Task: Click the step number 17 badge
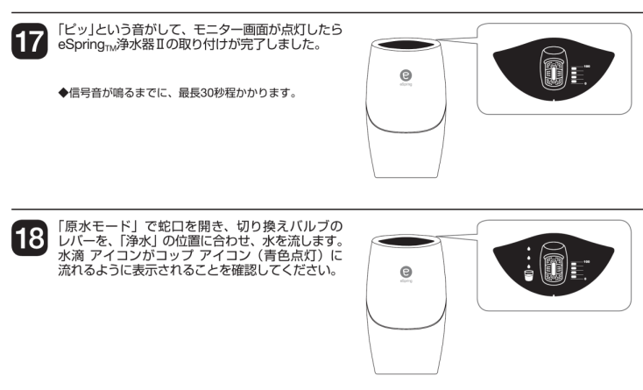(25, 40)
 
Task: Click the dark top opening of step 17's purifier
(406, 42)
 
